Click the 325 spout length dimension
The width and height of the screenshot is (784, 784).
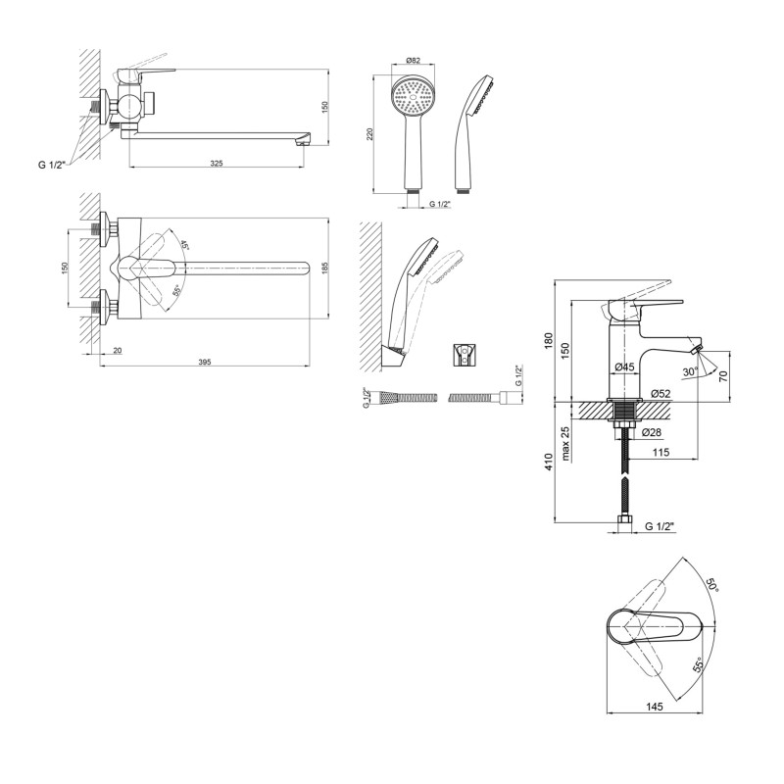[x=217, y=163]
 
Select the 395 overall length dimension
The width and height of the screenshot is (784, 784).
[x=205, y=363]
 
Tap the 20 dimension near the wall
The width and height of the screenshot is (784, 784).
[x=117, y=350]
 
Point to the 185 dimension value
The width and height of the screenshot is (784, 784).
[x=325, y=266]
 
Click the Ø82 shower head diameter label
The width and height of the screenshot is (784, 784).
[x=413, y=61]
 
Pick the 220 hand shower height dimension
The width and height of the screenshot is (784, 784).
[x=370, y=134]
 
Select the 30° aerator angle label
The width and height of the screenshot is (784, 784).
[x=689, y=371]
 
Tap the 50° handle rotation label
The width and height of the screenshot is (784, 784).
[x=710, y=585]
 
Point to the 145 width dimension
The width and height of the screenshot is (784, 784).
[x=655, y=707]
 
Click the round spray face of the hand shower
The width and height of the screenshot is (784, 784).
[x=413, y=100]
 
